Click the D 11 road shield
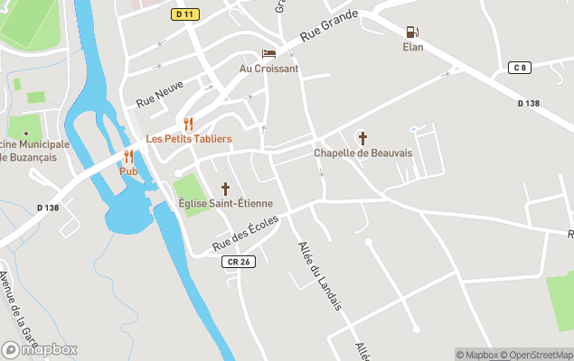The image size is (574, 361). pyautogui.click(x=184, y=14)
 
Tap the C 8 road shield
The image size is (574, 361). pyautogui.click(x=519, y=68)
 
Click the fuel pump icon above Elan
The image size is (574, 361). pyautogui.click(x=413, y=32)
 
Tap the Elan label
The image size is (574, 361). pyautogui.click(x=413, y=47)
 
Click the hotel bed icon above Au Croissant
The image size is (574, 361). pyautogui.click(x=268, y=54)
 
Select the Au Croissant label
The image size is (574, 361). pyautogui.click(x=268, y=69)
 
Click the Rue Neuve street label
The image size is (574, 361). pyautogui.click(x=159, y=92)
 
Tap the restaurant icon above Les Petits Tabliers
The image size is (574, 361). pyautogui.click(x=189, y=124)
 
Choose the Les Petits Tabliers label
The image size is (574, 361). pyautogui.click(x=189, y=139)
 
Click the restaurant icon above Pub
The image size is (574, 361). pyautogui.click(x=128, y=156)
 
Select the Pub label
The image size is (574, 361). pyautogui.click(x=128, y=171)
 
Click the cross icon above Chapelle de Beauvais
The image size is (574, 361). pyautogui.click(x=362, y=138)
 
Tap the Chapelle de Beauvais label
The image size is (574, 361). pyautogui.click(x=362, y=153)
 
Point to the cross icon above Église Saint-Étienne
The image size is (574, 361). pyautogui.click(x=225, y=189)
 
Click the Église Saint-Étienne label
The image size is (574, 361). pyautogui.click(x=225, y=204)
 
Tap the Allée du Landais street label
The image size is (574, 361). pyautogui.click(x=320, y=276)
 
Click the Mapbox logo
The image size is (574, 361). pyautogui.click(x=40, y=349)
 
